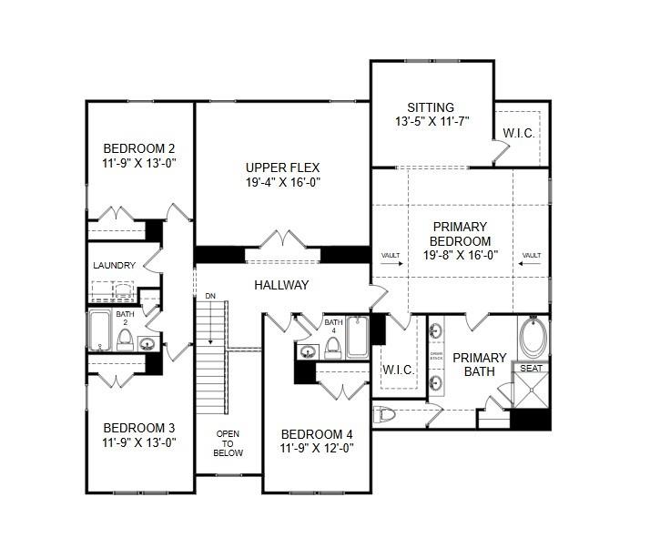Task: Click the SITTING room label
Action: coord(431,107)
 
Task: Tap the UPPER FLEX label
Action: coord(282,167)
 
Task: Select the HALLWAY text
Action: coord(281,285)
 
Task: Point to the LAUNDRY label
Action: coord(114,266)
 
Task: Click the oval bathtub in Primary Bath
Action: coord(533,340)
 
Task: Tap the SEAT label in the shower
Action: coord(530,368)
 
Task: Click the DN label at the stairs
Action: coord(210,296)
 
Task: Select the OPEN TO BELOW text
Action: coord(229,442)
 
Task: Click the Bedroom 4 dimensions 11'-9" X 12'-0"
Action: coord(317,448)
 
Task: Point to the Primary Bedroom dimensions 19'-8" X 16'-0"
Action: coord(460,255)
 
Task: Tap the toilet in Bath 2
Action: coord(126,340)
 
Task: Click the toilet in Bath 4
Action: coord(333,346)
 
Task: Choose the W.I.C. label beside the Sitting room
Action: coord(518,133)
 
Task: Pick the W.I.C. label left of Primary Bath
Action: coord(398,370)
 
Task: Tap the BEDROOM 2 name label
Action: coord(138,149)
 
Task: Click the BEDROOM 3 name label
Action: coord(138,428)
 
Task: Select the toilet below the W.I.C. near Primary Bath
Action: coord(385,415)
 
